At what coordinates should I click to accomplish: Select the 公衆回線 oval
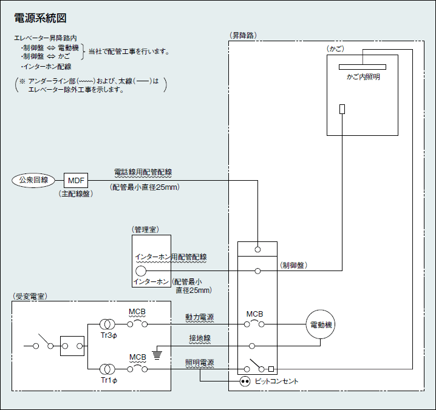[x=33, y=180]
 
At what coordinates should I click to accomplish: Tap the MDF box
[x=77, y=180]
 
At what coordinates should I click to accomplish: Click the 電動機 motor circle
[x=321, y=324]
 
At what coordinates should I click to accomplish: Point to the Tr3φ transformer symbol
[x=107, y=324]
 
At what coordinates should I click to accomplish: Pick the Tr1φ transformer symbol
[x=107, y=369]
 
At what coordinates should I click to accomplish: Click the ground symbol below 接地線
[x=157, y=353]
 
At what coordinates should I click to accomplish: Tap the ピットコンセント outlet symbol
[x=245, y=381]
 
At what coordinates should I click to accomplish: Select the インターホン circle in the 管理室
[x=141, y=271]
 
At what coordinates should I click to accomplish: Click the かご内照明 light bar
[x=363, y=67]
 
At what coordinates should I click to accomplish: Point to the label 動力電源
[x=200, y=317]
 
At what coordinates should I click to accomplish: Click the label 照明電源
[x=200, y=362]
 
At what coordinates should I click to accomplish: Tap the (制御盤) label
[x=293, y=266]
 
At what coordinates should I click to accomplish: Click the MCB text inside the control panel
[x=255, y=314]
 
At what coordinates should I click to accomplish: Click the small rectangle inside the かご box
[x=342, y=109]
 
